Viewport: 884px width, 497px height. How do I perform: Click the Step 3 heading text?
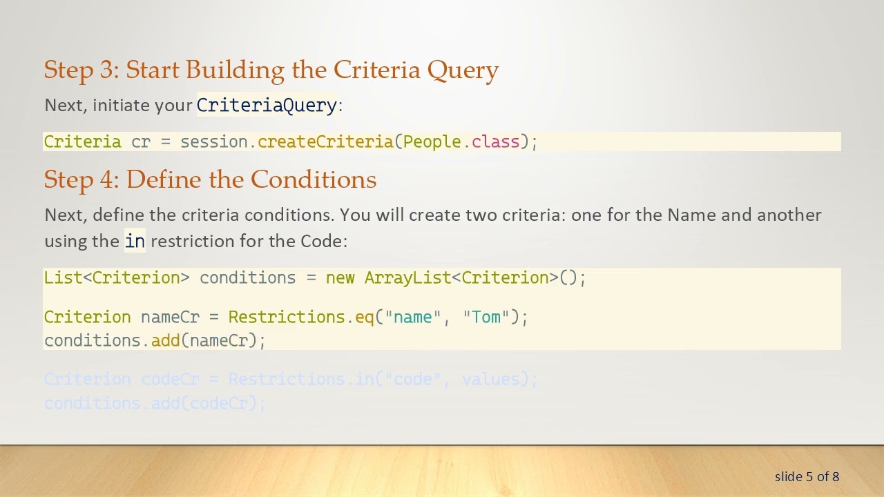(x=271, y=70)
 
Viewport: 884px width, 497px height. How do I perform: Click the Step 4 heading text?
(x=210, y=179)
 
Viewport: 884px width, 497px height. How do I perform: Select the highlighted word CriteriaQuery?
(x=267, y=105)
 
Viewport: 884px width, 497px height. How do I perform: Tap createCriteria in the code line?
(x=325, y=142)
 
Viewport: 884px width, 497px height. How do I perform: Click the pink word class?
(x=495, y=142)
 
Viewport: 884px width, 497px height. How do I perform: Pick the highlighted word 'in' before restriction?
(x=135, y=241)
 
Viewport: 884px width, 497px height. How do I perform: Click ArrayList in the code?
(x=407, y=277)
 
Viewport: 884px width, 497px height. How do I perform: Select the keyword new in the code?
(x=340, y=277)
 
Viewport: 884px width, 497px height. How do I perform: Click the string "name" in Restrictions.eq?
(x=412, y=318)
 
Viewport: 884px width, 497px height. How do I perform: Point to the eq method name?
(x=364, y=318)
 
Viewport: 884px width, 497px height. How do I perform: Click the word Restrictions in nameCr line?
(x=286, y=318)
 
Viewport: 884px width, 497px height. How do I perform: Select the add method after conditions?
(x=165, y=341)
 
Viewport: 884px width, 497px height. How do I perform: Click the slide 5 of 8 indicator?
(x=807, y=476)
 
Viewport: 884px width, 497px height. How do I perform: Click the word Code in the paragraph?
(x=321, y=241)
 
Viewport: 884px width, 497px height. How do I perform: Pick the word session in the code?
(x=213, y=142)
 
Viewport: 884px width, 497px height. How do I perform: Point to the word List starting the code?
(x=63, y=277)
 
